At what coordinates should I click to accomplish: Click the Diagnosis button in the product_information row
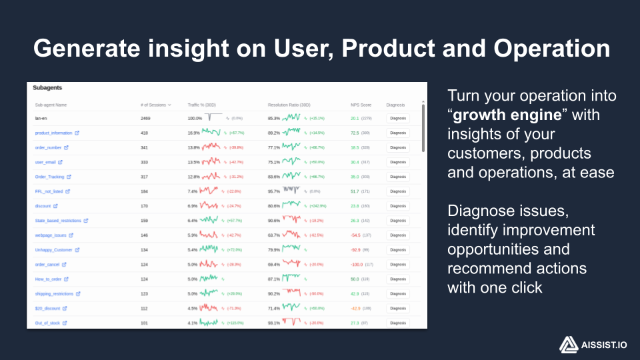(398, 133)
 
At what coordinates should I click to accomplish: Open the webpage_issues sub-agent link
(50, 235)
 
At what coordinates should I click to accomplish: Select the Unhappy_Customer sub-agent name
(53, 250)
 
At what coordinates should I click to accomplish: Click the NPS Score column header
(361, 105)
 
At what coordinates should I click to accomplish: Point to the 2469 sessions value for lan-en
(146, 118)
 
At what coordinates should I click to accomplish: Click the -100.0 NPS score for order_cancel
(357, 265)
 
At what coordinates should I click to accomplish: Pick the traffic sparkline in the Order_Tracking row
(211, 177)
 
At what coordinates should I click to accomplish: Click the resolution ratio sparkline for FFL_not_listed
(292, 191)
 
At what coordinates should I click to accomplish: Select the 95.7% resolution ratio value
(273, 191)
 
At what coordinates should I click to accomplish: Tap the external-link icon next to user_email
(61, 162)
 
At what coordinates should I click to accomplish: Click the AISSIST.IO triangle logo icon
(567, 344)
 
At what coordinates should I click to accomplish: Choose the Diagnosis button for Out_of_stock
(398, 323)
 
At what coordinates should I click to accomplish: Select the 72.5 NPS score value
(355, 133)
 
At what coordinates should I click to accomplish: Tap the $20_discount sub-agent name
(47, 309)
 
